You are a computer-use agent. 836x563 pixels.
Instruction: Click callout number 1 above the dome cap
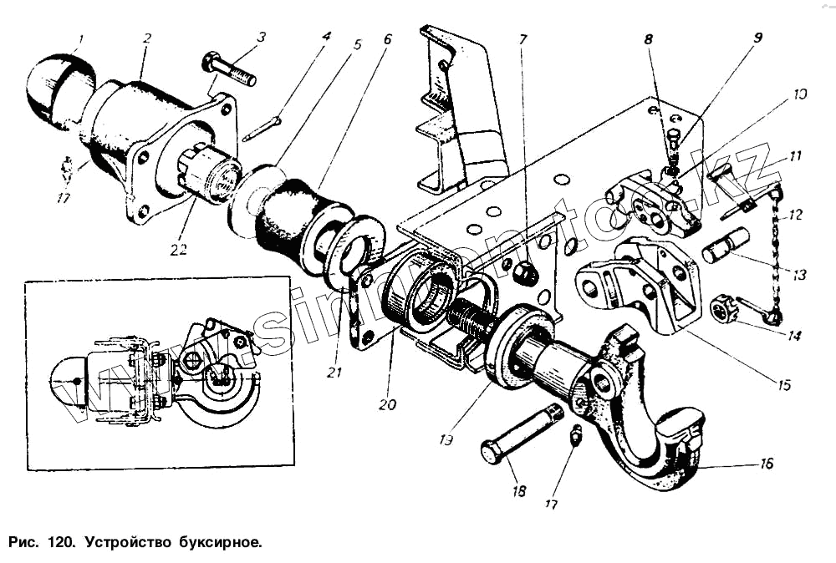click(80, 38)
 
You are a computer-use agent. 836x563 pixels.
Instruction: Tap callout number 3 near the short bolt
click(262, 38)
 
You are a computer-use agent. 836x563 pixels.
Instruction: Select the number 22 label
click(177, 249)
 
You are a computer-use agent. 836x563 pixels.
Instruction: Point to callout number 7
click(523, 38)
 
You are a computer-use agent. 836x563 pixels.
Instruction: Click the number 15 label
click(782, 385)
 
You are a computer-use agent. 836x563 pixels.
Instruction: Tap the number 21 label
click(335, 372)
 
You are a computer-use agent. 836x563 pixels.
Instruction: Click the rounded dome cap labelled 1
click(52, 88)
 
